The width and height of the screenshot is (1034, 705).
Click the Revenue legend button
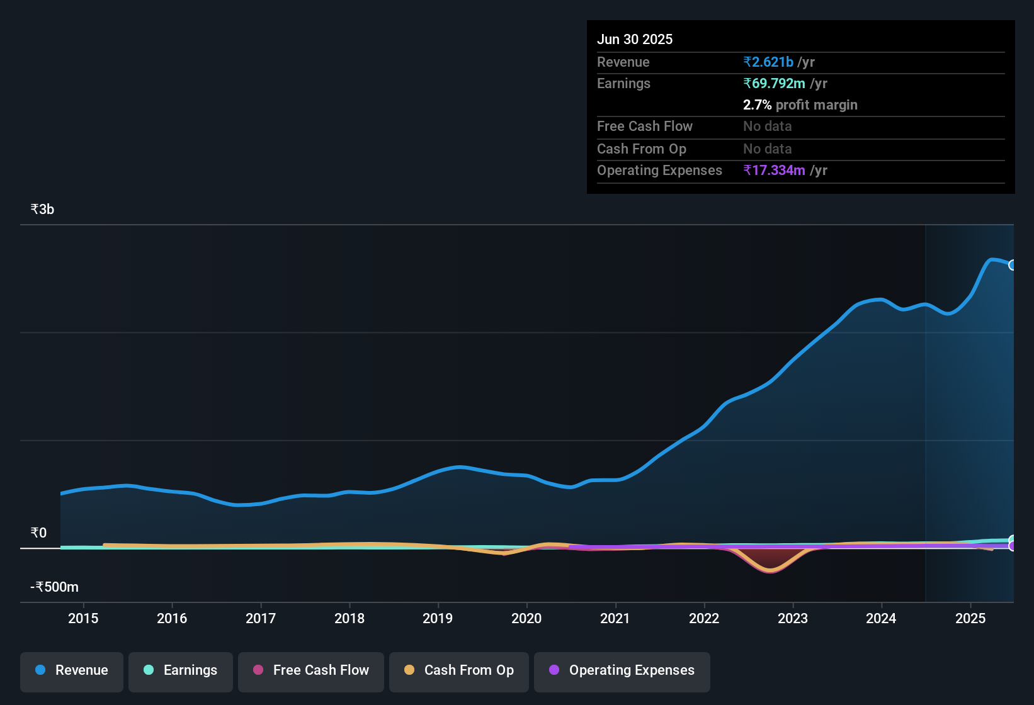[x=72, y=671]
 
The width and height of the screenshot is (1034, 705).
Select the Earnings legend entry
[x=181, y=671]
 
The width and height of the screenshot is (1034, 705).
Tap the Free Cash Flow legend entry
[x=311, y=671]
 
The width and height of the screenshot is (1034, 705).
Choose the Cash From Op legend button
[x=459, y=671]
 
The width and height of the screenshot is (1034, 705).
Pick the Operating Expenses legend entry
[x=622, y=671]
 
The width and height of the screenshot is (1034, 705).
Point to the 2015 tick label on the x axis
[x=83, y=619]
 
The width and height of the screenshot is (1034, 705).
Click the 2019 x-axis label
[x=438, y=619]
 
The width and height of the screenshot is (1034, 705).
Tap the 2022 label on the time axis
[x=704, y=619]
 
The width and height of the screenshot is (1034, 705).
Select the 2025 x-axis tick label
[x=970, y=619]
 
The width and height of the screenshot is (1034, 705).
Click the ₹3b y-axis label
[x=43, y=210]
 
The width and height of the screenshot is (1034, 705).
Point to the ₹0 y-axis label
[x=39, y=533]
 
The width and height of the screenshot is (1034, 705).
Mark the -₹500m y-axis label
[x=55, y=587]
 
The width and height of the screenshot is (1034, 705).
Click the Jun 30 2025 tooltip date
[x=635, y=40]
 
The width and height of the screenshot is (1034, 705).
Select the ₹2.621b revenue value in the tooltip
[x=768, y=62]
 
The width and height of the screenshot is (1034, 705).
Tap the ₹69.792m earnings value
[x=774, y=84]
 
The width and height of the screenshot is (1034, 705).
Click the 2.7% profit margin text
[x=800, y=105]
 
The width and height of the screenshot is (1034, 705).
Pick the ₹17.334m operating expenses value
[x=774, y=171]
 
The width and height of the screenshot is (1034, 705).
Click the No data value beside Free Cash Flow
[x=767, y=127]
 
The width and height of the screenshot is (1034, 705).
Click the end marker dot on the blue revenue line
[x=1013, y=265]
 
